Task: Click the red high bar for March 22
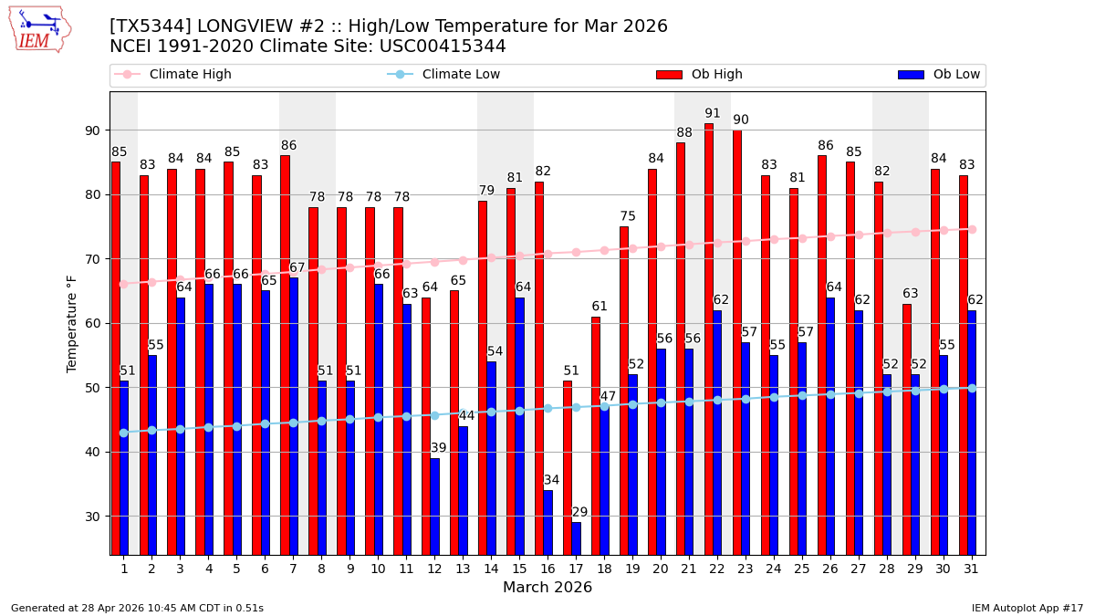[708, 339]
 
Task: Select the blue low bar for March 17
[576, 538]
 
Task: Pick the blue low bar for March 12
[434, 506]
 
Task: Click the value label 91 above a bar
[713, 114]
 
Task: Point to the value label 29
[580, 513]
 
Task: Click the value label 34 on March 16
[552, 481]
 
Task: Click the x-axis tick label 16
[547, 568]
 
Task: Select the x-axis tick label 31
[971, 568]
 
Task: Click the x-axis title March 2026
[547, 588]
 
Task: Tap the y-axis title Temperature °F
[72, 323]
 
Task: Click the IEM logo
[39, 29]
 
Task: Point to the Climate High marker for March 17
[576, 252]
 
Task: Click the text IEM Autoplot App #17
[1027, 608]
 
